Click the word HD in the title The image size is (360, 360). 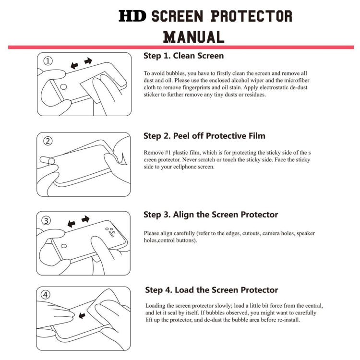point(133,16)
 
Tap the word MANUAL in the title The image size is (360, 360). point(194,36)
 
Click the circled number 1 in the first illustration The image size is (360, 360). point(48,61)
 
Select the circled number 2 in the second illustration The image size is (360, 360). point(48,141)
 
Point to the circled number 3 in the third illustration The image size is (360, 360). point(47,221)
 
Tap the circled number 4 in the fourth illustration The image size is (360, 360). point(46,295)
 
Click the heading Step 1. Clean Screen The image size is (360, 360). point(183,56)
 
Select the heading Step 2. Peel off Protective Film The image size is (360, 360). point(204,136)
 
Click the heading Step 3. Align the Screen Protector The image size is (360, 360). point(211,215)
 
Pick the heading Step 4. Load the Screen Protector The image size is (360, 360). point(212,290)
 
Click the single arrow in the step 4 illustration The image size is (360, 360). point(82,315)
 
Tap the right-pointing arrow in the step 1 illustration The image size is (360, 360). point(88,61)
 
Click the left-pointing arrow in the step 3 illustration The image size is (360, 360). point(72,224)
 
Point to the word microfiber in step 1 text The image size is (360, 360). point(294,81)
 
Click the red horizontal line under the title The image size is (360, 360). point(180,47)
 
